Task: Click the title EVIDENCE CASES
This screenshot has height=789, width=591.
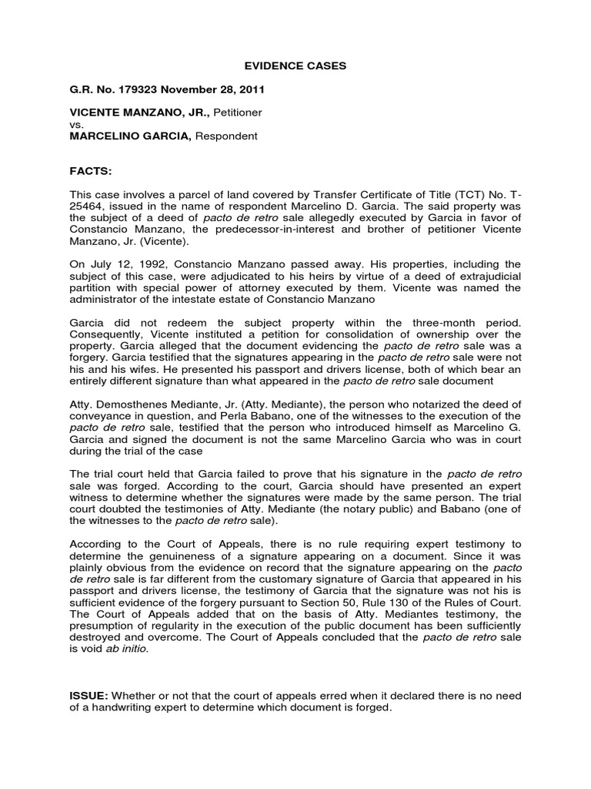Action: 295,66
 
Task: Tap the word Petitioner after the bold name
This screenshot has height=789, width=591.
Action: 237,112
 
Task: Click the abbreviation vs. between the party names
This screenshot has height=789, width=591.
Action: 75,124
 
